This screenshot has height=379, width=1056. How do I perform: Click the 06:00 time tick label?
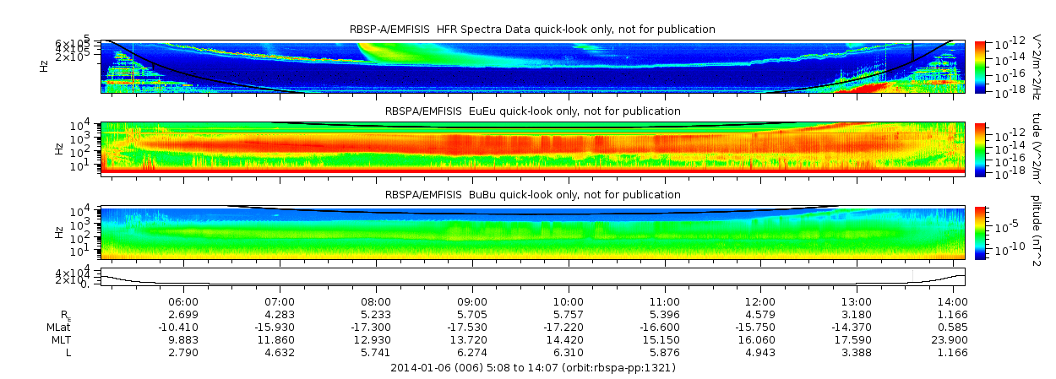[x=183, y=301]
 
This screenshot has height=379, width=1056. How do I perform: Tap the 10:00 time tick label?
[x=568, y=301]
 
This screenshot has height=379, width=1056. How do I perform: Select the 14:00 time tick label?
[x=952, y=301]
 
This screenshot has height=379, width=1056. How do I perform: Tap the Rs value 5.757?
[x=568, y=314]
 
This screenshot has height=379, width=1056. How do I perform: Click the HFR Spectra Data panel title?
[x=533, y=30]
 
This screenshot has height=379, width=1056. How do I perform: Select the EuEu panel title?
[x=533, y=111]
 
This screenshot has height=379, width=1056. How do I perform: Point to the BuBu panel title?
[x=533, y=195]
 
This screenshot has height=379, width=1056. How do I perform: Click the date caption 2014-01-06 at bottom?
[x=533, y=368]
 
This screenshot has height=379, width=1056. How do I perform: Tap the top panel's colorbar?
[x=980, y=66]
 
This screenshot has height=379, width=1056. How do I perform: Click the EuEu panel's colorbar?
[x=980, y=149]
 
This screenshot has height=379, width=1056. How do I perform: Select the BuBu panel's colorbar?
[x=980, y=232]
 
